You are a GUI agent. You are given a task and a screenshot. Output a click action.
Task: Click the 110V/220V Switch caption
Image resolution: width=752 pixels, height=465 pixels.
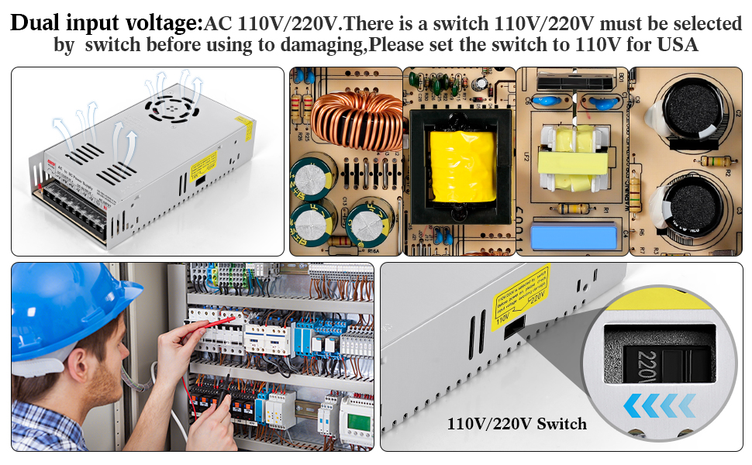pyautogui.click(x=516, y=423)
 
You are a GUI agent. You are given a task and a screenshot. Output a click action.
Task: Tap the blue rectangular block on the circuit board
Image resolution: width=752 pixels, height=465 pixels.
pyautogui.click(x=579, y=232)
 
